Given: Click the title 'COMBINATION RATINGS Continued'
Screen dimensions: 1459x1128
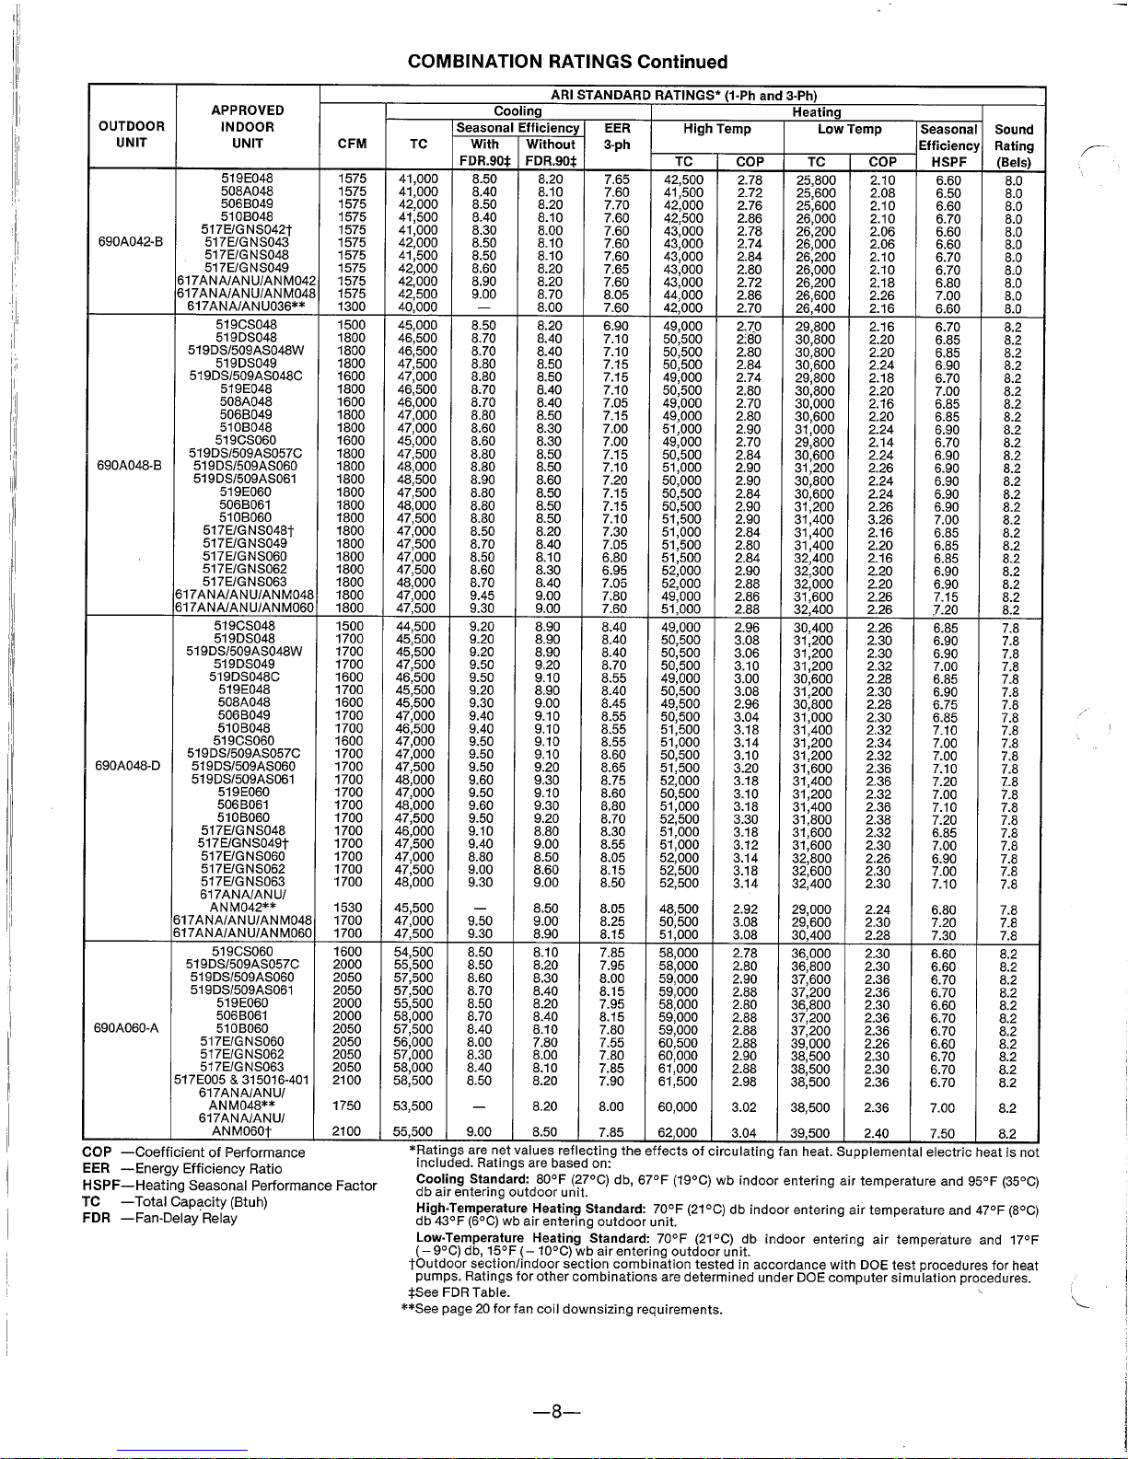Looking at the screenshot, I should point(567,62).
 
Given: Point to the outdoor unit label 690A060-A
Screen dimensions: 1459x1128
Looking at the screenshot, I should point(128,1028).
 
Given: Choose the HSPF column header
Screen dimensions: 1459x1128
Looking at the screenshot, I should point(949,161).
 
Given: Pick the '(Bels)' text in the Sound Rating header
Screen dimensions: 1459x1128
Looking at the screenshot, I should point(1014,161).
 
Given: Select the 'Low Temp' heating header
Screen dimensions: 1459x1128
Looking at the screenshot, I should point(849,130).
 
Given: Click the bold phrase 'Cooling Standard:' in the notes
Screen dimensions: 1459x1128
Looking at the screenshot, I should point(472,1179).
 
